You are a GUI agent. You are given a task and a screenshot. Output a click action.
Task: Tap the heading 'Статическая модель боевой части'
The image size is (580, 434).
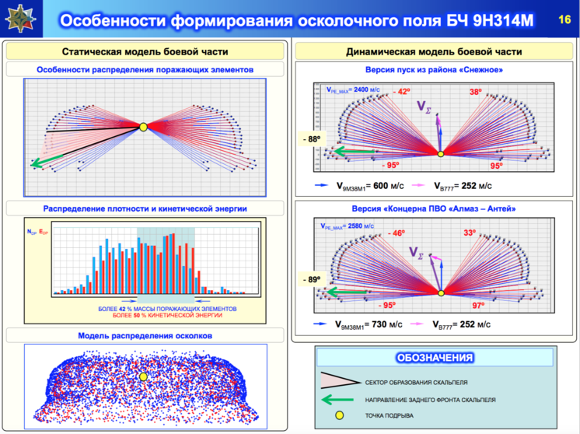click(x=145, y=51)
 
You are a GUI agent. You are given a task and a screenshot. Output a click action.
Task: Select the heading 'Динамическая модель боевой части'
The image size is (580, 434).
click(x=433, y=51)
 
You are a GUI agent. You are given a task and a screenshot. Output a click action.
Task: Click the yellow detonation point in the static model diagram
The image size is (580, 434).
click(x=143, y=127)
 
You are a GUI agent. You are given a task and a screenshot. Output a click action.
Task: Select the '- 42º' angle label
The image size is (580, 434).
click(x=400, y=92)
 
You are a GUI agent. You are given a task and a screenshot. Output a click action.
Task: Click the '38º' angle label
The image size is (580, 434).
click(x=476, y=92)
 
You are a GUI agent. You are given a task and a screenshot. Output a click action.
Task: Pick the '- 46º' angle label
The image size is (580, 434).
click(x=397, y=233)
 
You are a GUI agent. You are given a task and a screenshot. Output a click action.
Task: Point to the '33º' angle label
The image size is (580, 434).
click(x=470, y=233)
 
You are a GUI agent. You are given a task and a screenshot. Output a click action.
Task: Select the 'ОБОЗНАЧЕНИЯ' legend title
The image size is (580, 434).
click(x=434, y=358)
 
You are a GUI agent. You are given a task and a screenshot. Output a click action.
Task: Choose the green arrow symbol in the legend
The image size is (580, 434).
click(x=337, y=400)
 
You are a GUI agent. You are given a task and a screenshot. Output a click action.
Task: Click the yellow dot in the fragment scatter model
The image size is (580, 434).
click(x=143, y=376)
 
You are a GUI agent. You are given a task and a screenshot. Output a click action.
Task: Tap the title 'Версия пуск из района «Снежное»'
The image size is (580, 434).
click(x=433, y=70)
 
